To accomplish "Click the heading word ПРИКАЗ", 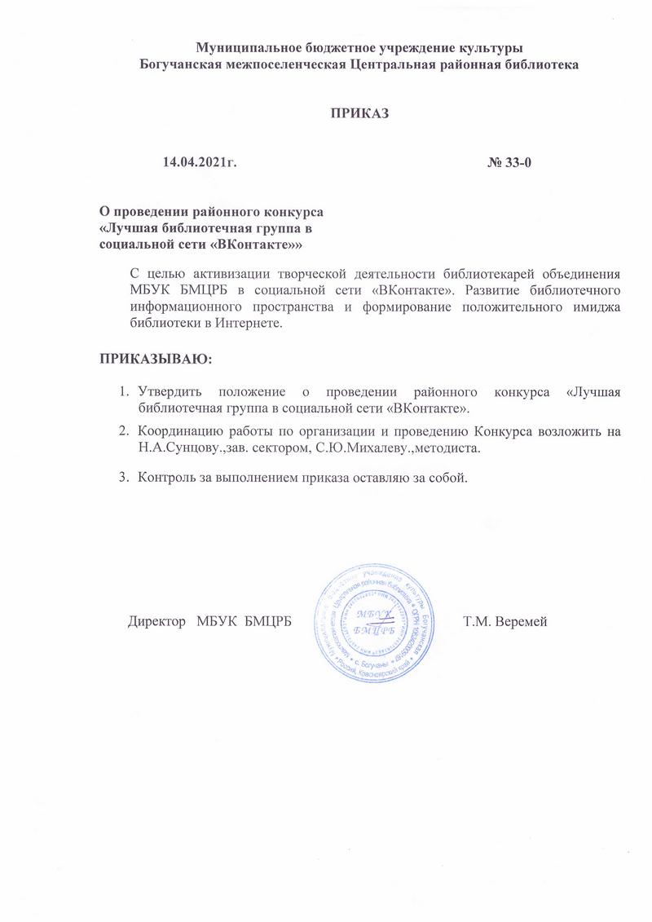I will tap(359, 113).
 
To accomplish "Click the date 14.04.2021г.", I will tap(200, 163).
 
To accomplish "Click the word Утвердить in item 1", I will tap(170, 393).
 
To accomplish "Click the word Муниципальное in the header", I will tap(244, 47).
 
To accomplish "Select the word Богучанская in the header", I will tap(180, 64).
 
